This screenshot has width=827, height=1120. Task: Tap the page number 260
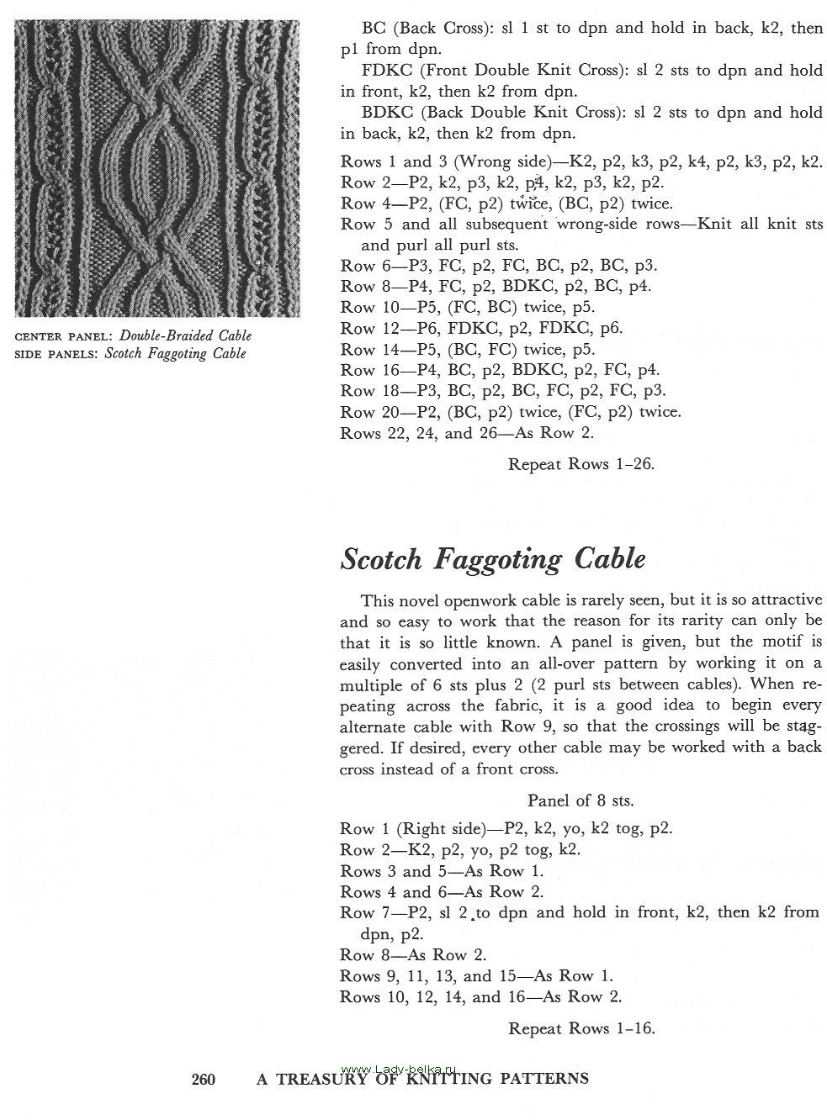point(204,1079)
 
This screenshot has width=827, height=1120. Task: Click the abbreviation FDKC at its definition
point(384,71)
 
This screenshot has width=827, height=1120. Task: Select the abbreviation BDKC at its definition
point(384,112)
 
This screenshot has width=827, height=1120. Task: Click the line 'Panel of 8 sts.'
point(580,800)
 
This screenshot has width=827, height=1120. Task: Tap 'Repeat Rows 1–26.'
point(580,463)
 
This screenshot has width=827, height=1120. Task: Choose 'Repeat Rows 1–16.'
point(580,1028)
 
